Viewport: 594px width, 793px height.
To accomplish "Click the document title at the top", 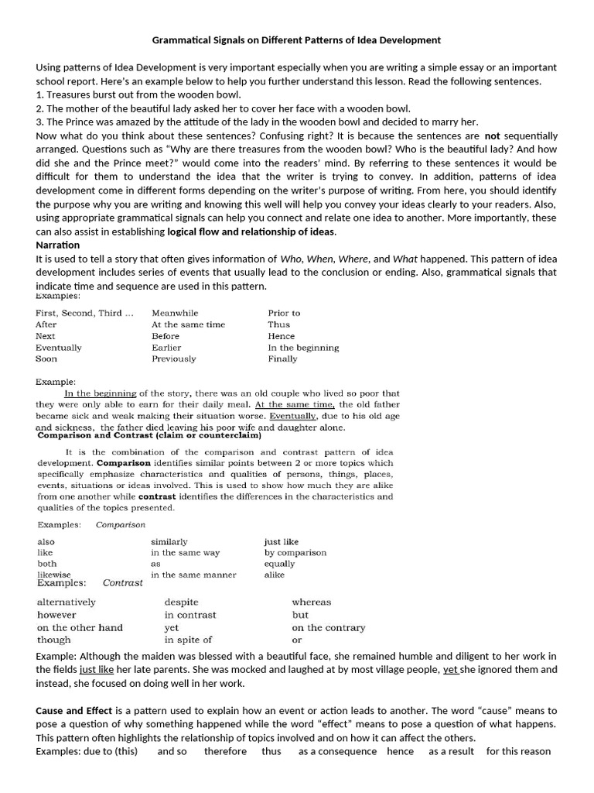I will [x=296, y=39].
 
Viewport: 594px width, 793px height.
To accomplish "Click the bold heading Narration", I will [x=58, y=245].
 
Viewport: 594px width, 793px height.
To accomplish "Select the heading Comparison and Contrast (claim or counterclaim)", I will [x=144, y=436].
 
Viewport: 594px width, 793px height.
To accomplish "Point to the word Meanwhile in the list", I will [x=175, y=313].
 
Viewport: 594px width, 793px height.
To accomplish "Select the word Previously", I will [x=174, y=359].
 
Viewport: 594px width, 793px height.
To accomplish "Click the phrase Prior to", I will [x=284, y=313].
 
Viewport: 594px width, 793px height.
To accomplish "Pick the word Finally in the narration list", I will [x=282, y=359].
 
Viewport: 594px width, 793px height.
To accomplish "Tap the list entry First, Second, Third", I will [x=84, y=313].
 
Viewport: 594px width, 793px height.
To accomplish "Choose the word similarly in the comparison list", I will [x=169, y=542].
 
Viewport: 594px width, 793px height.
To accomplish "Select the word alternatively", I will [x=67, y=602].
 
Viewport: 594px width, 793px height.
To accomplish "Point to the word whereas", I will [x=311, y=602].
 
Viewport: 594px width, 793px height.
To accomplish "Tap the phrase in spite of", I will [x=188, y=640].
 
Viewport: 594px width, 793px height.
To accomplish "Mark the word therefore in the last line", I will [x=226, y=751].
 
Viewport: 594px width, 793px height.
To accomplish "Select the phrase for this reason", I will [x=518, y=751].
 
